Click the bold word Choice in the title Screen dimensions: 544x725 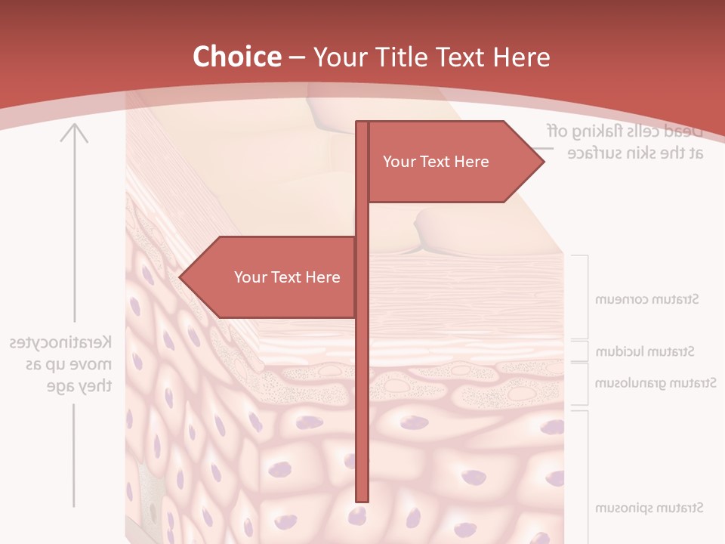tap(236, 57)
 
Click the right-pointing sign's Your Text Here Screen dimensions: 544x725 tap(436, 162)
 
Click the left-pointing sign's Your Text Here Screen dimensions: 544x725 tap(287, 277)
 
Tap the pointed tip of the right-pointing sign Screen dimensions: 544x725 tap(542, 161)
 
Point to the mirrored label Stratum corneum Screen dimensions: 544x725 tap(646, 299)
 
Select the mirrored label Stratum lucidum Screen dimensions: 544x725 tap(645, 351)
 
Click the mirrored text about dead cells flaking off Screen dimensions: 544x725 tap(625, 141)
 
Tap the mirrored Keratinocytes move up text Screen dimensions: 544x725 tap(62, 364)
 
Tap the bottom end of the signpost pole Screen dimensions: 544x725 tap(362, 499)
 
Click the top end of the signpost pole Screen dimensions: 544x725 tap(362, 124)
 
